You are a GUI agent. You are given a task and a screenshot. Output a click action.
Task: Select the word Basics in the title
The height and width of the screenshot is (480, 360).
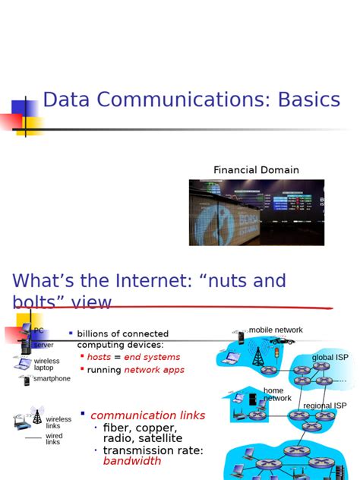click(x=299, y=99)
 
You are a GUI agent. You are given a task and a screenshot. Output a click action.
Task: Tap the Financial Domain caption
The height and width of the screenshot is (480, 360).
click(x=256, y=170)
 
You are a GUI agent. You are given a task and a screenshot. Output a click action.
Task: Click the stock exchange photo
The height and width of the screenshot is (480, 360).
click(x=256, y=212)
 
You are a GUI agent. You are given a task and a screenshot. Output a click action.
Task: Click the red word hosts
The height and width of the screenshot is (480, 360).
click(x=99, y=357)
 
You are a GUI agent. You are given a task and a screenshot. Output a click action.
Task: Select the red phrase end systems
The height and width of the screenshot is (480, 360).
click(x=152, y=357)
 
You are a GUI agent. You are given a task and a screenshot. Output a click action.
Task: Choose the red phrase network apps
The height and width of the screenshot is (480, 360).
click(x=154, y=370)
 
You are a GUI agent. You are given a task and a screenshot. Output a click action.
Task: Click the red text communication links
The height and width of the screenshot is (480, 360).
click(x=147, y=415)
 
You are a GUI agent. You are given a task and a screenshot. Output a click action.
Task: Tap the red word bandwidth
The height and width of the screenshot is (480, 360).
click(x=132, y=461)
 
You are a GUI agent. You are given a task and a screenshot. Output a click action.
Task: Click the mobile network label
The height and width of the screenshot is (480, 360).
click(x=276, y=330)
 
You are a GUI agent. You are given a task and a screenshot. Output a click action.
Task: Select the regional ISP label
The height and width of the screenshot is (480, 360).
click(x=324, y=406)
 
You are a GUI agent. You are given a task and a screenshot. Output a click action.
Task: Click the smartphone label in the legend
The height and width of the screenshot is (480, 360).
click(x=52, y=378)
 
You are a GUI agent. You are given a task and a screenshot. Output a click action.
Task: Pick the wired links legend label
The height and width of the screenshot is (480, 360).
click(x=53, y=439)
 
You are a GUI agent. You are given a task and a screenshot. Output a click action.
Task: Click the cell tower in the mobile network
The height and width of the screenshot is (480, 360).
click(x=257, y=355)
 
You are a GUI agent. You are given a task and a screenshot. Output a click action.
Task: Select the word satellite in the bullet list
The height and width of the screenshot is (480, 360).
click(x=159, y=438)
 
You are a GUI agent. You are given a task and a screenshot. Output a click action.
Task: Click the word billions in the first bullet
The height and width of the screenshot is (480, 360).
click(x=96, y=333)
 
